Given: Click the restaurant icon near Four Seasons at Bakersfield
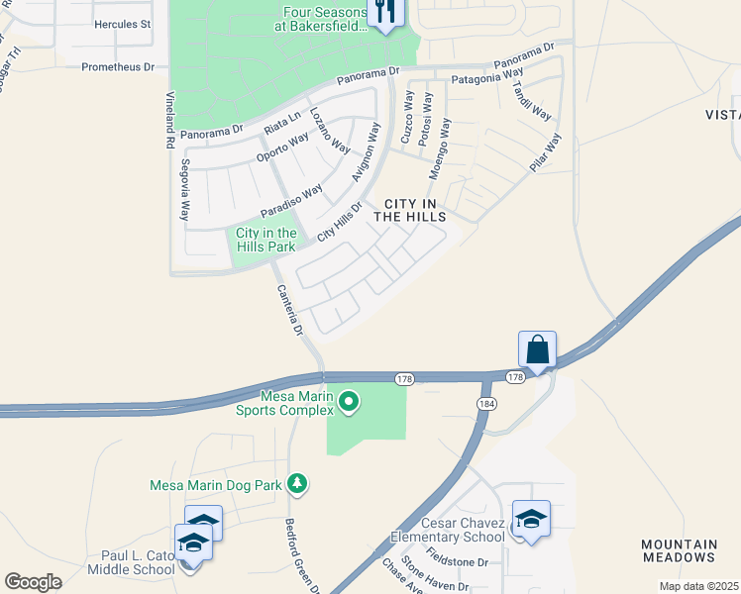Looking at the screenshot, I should click(x=382, y=12).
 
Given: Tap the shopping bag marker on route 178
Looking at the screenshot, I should click(x=537, y=350).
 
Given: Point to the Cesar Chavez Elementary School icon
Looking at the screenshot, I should click(x=531, y=520).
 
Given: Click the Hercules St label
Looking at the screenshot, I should click(x=122, y=24).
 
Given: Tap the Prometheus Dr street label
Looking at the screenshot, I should click(x=119, y=67).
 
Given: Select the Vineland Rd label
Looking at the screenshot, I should click(x=169, y=120).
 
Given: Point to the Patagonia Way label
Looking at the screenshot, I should click(x=487, y=74).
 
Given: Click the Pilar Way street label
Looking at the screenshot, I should click(x=546, y=153).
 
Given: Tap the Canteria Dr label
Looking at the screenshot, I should click(x=288, y=311).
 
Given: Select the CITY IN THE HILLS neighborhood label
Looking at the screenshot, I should click(x=409, y=209).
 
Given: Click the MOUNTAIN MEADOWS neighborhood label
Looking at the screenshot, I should click(x=680, y=551).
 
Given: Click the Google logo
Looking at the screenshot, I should click(x=33, y=582).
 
